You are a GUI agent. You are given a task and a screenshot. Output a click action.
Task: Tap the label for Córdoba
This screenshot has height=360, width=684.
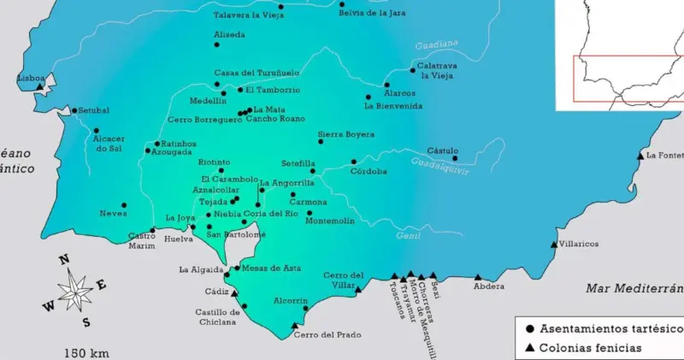369,171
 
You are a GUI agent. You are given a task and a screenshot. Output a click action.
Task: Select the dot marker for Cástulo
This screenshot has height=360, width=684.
455,158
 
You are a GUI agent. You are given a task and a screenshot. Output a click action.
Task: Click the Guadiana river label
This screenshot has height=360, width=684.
436,44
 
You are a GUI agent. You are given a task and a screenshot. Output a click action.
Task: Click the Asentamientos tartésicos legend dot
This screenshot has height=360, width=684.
530,328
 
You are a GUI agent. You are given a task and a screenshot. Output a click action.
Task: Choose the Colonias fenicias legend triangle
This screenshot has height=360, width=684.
530,348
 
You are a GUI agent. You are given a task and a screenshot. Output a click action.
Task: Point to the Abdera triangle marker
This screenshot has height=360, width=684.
477,276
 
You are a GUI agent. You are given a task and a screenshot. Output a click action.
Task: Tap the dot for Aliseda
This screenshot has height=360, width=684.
216,44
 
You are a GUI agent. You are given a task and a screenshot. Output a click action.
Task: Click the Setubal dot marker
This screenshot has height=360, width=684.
74,110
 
